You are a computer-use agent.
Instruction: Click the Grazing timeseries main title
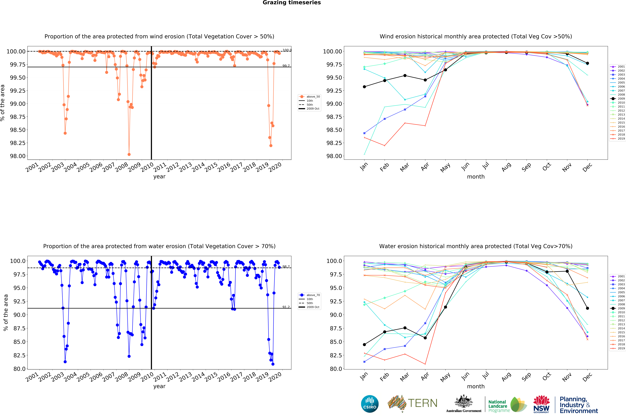(x=292, y=3)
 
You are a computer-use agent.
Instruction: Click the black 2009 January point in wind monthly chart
(x=364, y=87)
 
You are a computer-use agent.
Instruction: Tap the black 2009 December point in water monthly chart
(x=587, y=308)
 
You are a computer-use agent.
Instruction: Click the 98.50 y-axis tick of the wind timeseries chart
(x=18, y=130)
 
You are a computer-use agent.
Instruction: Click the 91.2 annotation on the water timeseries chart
(x=286, y=307)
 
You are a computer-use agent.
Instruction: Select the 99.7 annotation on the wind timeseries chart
(x=286, y=66)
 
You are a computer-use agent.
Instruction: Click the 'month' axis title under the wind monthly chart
(x=476, y=177)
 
